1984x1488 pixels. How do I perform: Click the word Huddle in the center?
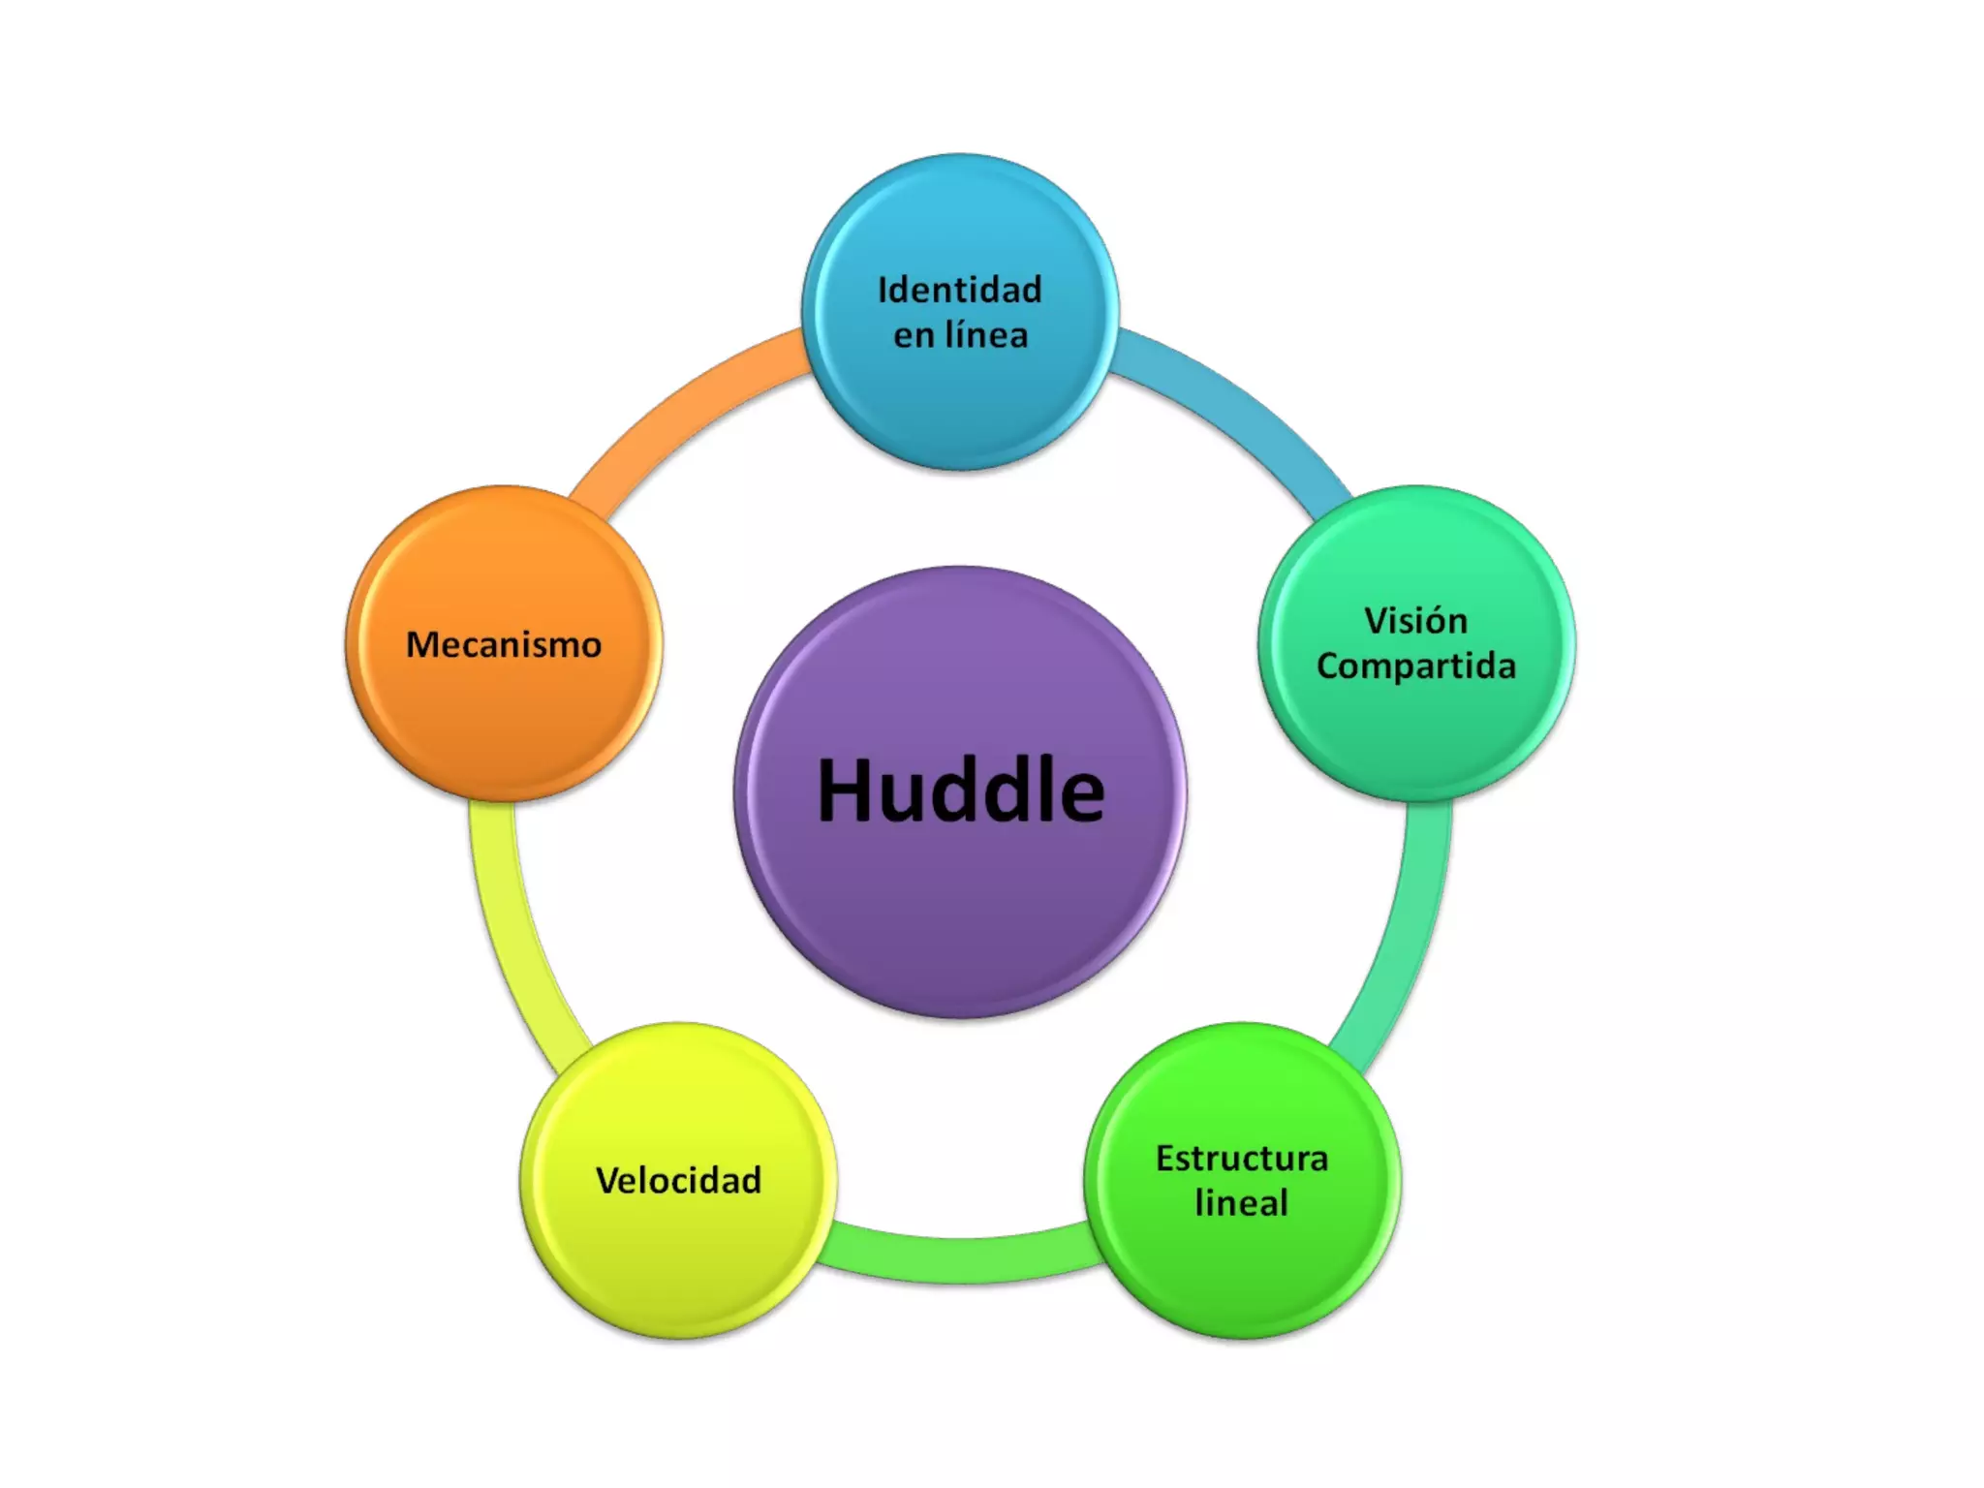tap(960, 791)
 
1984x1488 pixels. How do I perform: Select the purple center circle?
tap(960, 920)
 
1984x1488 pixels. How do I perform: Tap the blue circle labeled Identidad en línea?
tap(960, 407)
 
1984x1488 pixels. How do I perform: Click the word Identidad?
tap(960, 290)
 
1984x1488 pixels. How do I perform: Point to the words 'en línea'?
tap(960, 335)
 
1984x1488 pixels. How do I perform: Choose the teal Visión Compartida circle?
tap(1416, 736)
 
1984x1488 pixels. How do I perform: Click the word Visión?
tap(1416, 621)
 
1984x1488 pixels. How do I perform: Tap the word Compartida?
tap(1416, 666)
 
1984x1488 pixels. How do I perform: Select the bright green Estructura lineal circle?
tap(1242, 1269)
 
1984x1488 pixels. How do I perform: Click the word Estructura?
tap(1242, 1159)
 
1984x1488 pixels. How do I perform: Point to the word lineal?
tap(1242, 1203)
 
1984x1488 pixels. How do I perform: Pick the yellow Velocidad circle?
tap(678, 1259)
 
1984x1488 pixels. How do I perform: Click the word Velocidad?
tap(678, 1181)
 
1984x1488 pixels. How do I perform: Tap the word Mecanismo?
tap(504, 645)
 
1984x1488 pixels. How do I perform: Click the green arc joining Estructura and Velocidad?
tap(960, 1259)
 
